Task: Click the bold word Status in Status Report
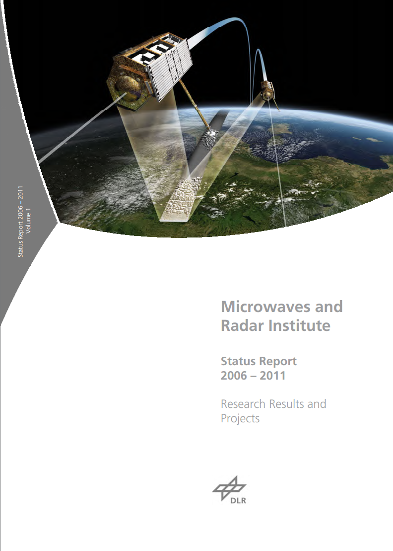pos(240,361)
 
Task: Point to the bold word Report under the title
pos(279,362)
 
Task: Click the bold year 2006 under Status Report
pos(234,376)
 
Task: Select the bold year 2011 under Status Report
pos(273,376)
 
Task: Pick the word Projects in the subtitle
pos(240,418)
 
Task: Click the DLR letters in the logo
pos(238,500)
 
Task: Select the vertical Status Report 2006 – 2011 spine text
pos(20,222)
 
